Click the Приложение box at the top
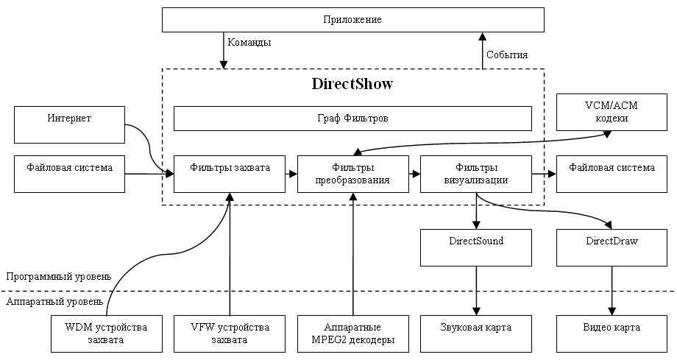click(352, 19)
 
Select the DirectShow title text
click(352, 84)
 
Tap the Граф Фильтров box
click(352, 118)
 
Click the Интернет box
click(69, 118)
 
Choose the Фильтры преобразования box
click(352, 174)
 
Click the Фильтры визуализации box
click(475, 174)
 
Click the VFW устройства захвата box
click(229, 333)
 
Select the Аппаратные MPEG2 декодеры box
click(352, 333)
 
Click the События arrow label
click(507, 54)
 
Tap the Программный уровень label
click(59, 277)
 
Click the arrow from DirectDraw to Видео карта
click(612, 290)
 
